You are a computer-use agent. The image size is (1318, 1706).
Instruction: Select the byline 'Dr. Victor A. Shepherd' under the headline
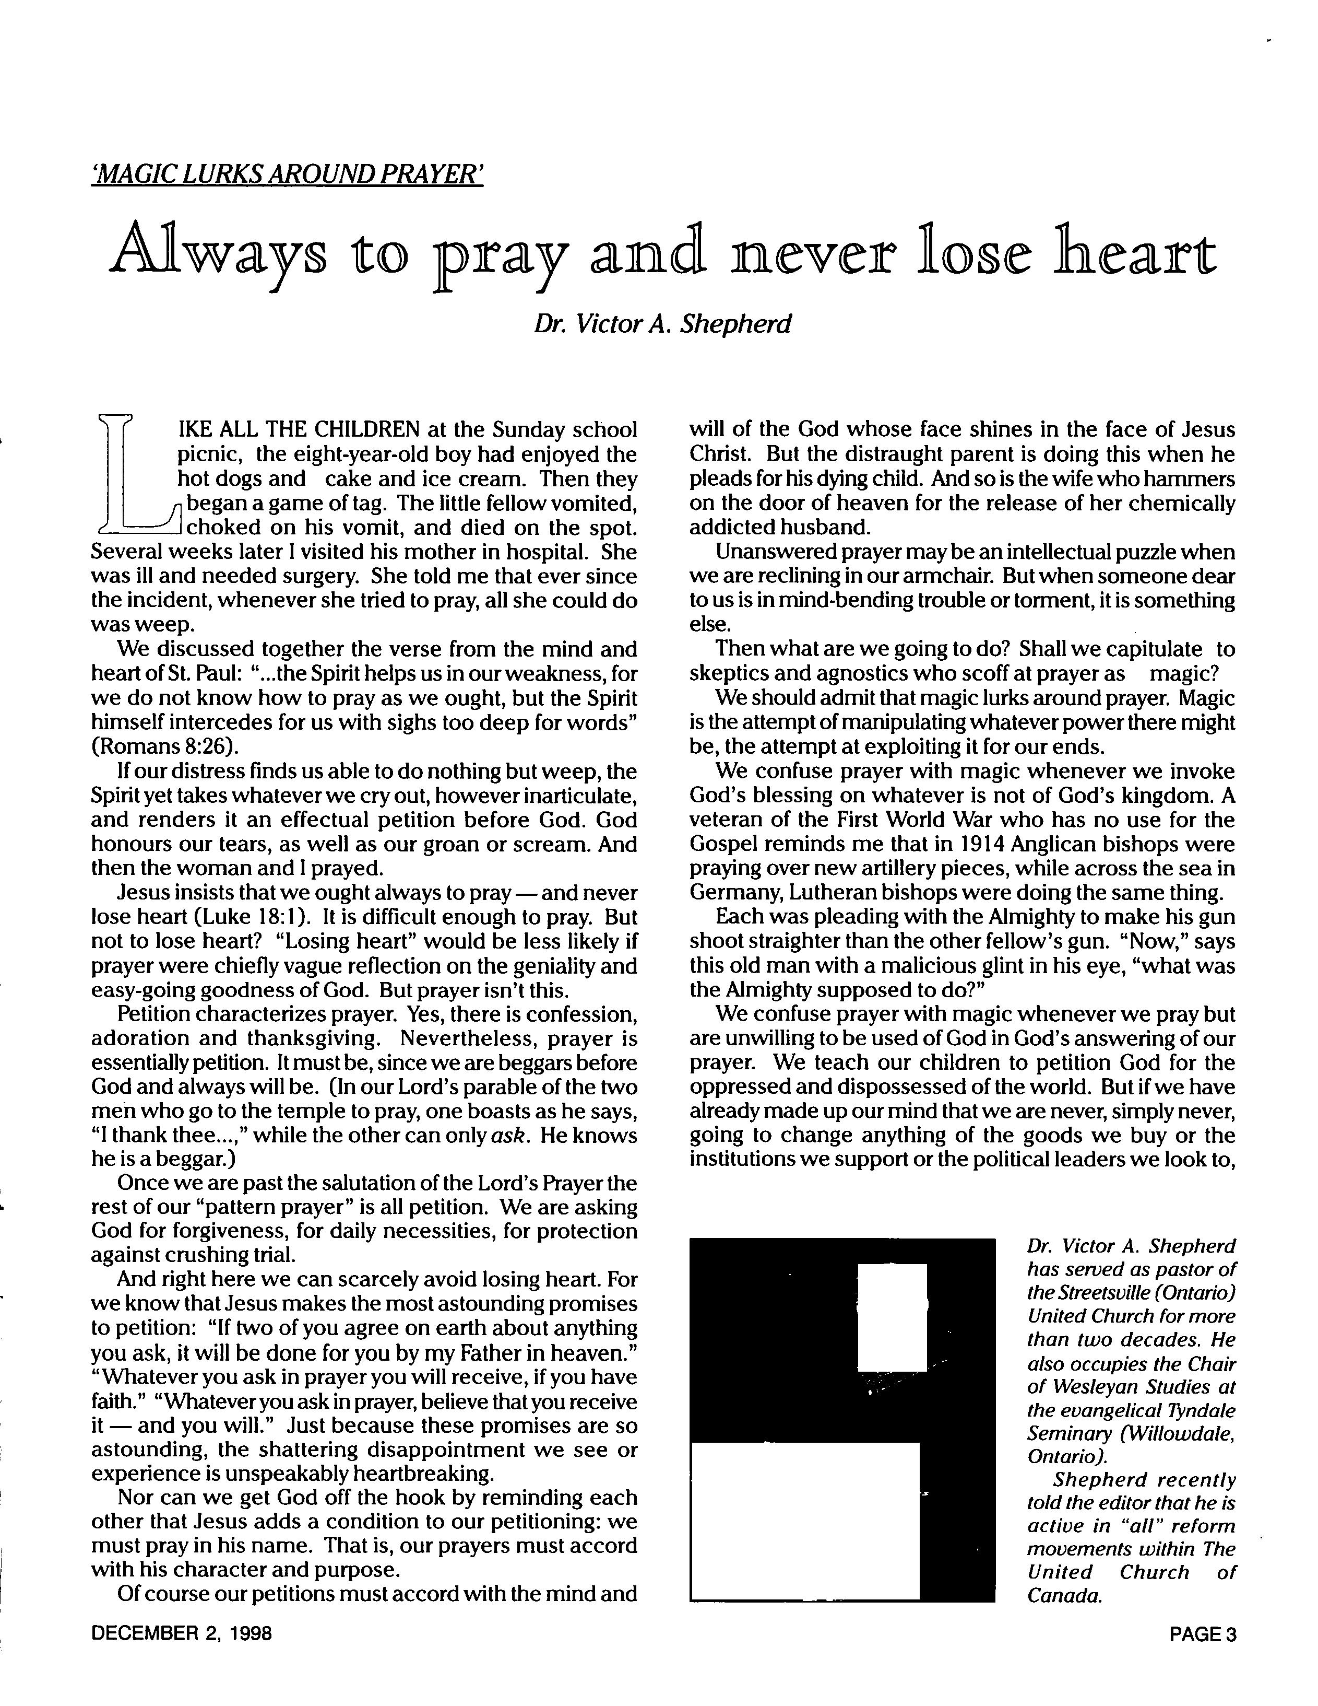(662, 323)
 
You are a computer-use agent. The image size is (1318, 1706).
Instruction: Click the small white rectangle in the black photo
(892, 1316)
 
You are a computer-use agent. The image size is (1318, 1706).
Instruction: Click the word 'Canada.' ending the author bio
(1063, 1595)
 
